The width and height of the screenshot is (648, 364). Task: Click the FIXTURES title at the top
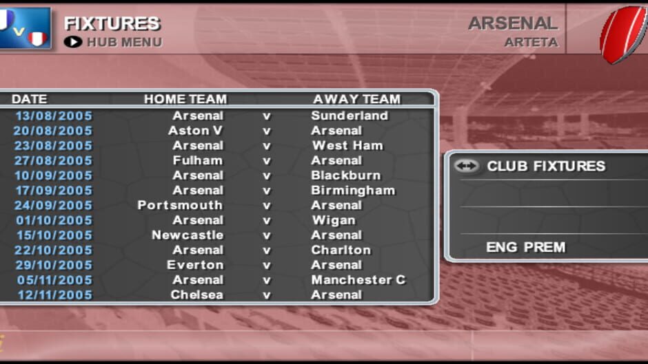(112, 23)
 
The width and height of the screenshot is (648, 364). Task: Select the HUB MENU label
(124, 43)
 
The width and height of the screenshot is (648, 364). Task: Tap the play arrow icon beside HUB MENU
(72, 42)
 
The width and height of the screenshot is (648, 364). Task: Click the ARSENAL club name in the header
(512, 23)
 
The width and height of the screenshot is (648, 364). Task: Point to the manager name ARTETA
(530, 43)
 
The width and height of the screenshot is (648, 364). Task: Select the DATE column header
(29, 99)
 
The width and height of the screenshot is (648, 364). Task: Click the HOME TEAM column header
(185, 99)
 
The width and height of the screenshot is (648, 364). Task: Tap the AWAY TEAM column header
(356, 99)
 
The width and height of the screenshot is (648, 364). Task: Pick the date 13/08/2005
(54, 116)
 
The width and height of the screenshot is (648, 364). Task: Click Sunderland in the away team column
(350, 116)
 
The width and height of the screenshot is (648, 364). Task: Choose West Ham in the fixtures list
(347, 146)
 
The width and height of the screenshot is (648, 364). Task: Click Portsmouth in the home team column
(180, 206)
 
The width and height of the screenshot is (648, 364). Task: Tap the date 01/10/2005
(54, 220)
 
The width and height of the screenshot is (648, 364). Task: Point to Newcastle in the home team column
(188, 235)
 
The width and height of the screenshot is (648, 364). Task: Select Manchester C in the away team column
(358, 280)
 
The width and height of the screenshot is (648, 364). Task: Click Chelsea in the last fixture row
(197, 295)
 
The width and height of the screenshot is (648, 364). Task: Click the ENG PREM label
(525, 247)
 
